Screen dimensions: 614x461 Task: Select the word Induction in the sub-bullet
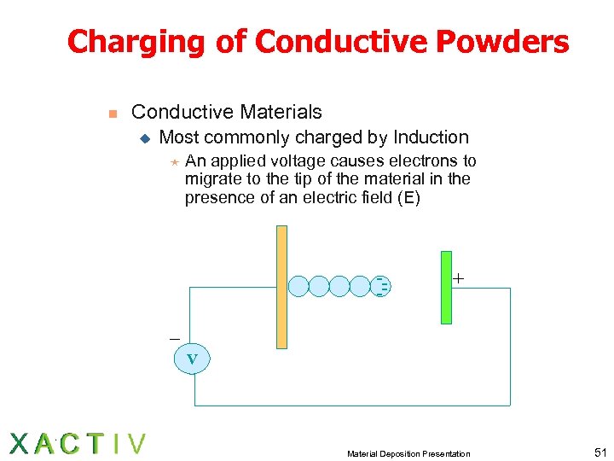click(x=428, y=137)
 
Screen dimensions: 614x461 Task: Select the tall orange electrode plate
click(x=282, y=286)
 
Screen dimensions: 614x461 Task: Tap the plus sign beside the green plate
click(x=459, y=278)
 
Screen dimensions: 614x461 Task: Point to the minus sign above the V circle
click(x=175, y=339)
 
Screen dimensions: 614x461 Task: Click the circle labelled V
click(x=192, y=359)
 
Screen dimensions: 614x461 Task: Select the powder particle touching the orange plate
click(x=298, y=286)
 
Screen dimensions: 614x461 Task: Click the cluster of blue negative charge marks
click(x=383, y=286)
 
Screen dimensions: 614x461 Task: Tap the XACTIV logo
click(x=78, y=444)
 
